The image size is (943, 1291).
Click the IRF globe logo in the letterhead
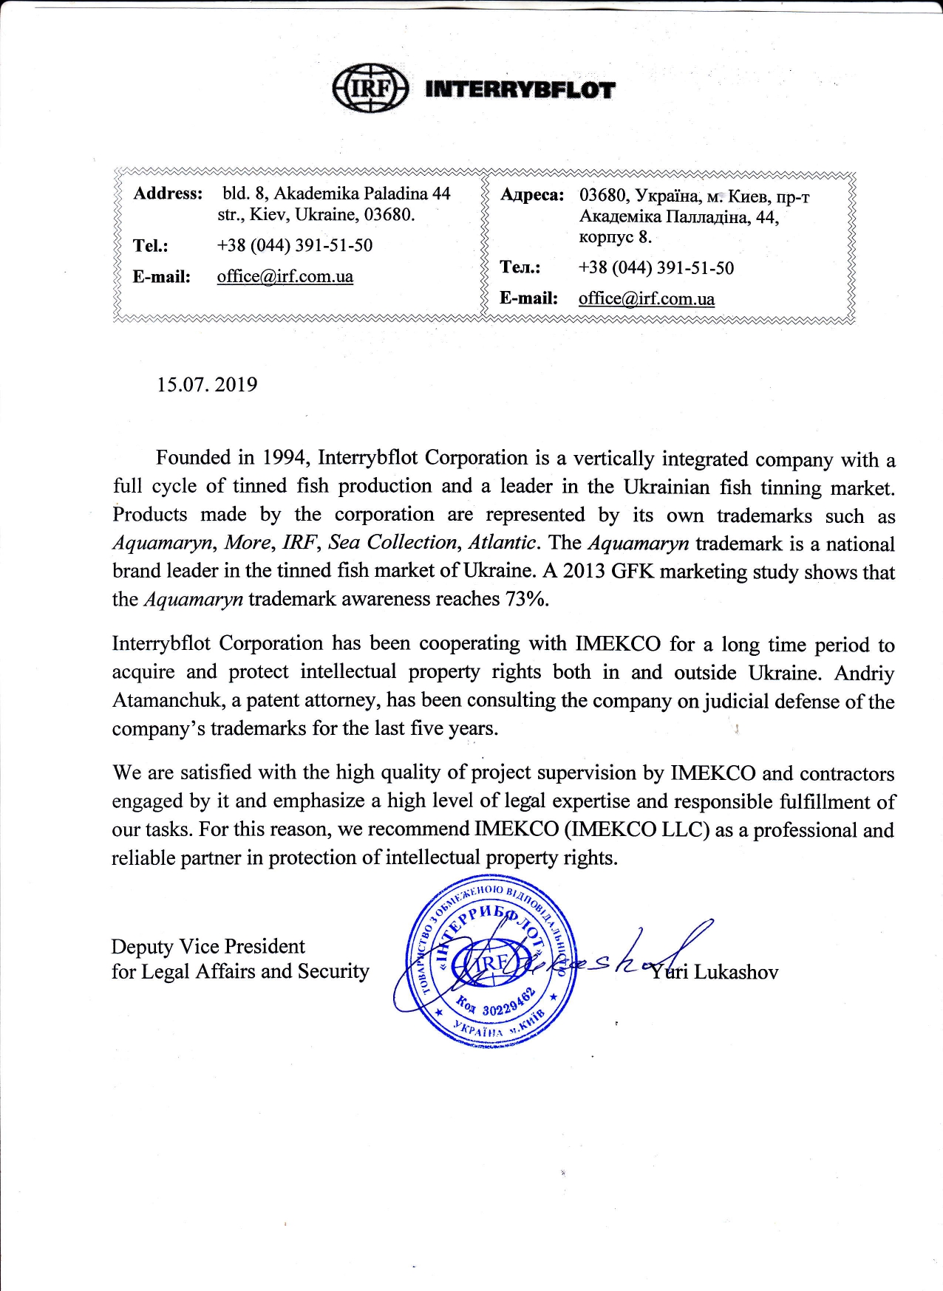coord(370,89)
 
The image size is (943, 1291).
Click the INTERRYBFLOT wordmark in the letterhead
coord(520,90)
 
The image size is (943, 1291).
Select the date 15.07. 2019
coord(207,385)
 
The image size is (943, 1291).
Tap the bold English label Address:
coord(168,194)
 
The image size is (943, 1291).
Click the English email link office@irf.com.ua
coord(285,277)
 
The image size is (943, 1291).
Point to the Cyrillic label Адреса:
coord(532,195)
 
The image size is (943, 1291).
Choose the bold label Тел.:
coord(520,267)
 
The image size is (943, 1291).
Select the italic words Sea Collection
coord(393,543)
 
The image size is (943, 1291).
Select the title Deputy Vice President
coord(208,947)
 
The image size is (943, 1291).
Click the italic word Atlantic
coord(502,543)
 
